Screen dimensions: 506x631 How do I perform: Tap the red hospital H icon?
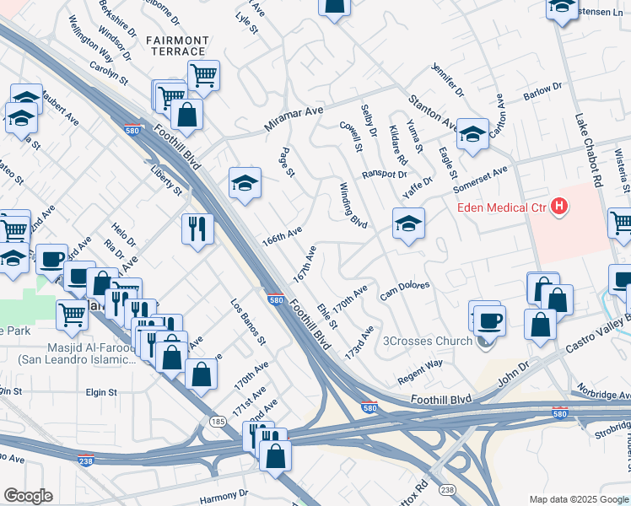click(558, 206)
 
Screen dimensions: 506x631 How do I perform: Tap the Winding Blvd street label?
click(353, 205)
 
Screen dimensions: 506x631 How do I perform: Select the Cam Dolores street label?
click(405, 290)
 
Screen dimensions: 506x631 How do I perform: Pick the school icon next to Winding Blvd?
click(408, 223)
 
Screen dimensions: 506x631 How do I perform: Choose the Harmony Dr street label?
click(223, 493)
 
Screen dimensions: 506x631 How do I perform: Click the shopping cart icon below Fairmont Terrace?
click(203, 75)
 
